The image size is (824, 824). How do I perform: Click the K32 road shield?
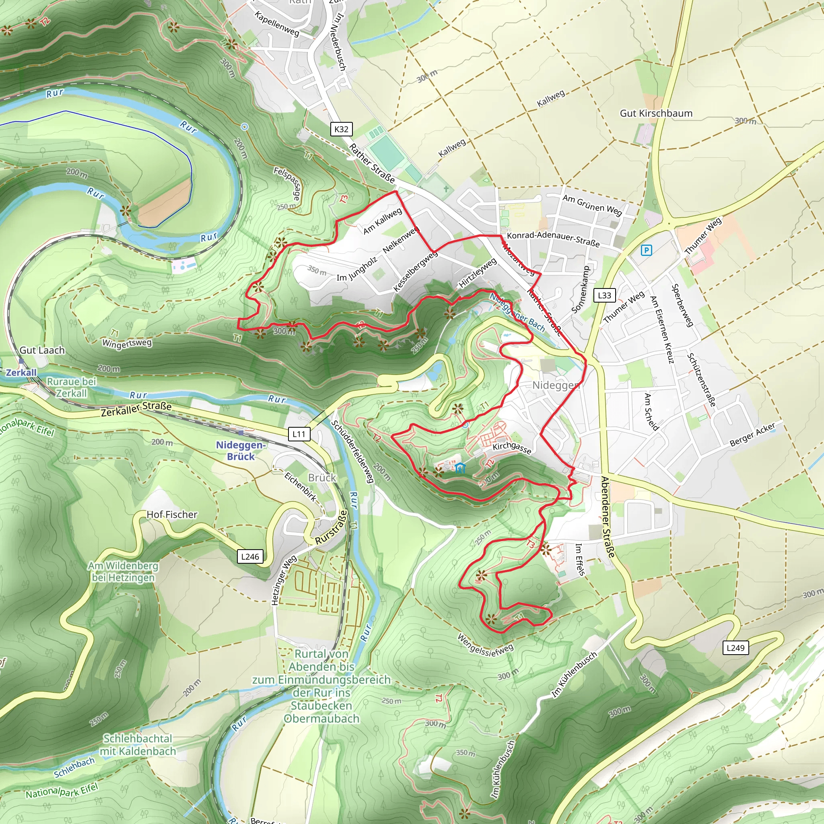[341, 129]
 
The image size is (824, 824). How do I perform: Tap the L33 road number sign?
[604, 295]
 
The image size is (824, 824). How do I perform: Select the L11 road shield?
[299, 434]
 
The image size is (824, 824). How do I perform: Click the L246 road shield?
[250, 556]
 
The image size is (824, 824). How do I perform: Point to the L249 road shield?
[735, 647]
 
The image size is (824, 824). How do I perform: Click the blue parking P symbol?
[646, 250]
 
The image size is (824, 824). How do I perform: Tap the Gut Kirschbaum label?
[656, 113]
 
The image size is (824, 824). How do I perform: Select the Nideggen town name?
[556, 385]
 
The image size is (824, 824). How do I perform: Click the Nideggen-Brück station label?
[241, 451]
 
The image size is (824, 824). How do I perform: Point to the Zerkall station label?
[21, 372]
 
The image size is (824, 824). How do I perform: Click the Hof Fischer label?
[172, 515]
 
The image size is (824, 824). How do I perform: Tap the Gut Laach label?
[42, 350]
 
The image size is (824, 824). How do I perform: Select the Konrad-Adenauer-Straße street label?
[553, 240]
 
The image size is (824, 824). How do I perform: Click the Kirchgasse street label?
[512, 448]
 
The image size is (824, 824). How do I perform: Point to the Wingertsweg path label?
[127, 343]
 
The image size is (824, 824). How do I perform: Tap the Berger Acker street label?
[752, 435]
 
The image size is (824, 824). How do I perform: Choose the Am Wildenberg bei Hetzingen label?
[123, 571]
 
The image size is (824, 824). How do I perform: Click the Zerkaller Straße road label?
[136, 409]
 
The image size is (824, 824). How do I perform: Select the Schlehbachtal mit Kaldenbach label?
[137, 745]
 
